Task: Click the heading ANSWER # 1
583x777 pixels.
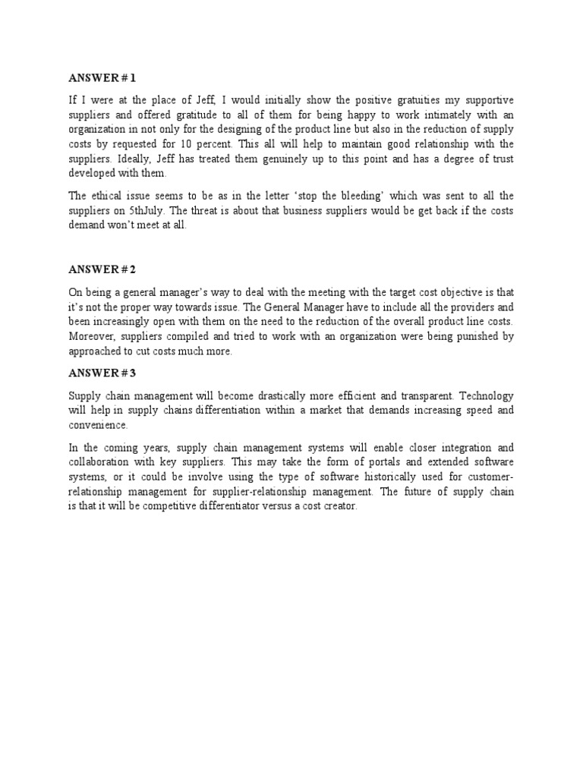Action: point(102,78)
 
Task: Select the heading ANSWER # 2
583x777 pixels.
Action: point(102,269)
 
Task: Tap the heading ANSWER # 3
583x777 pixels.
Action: point(102,373)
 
